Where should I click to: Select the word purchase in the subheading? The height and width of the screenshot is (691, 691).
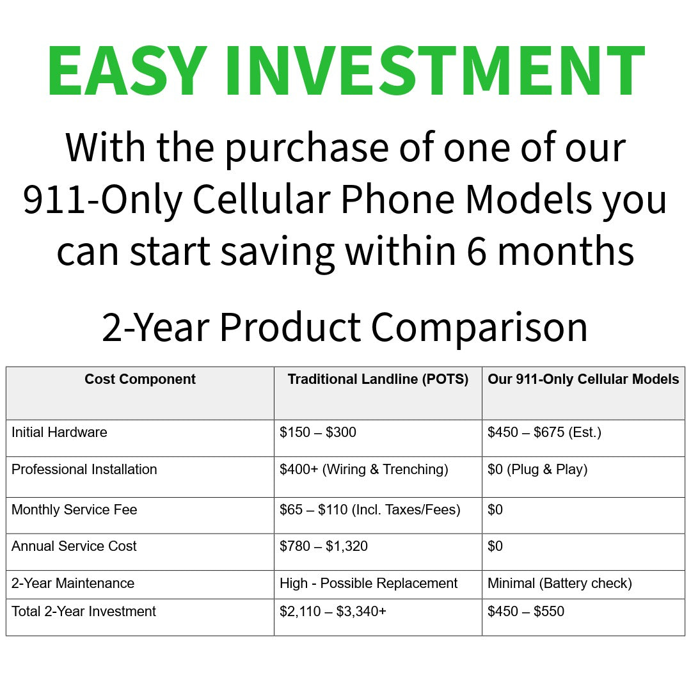tap(306, 149)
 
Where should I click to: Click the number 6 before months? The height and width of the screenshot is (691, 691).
tap(477, 251)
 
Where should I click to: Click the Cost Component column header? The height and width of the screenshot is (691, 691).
tap(140, 379)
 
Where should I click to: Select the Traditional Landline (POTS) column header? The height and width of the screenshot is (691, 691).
tap(378, 379)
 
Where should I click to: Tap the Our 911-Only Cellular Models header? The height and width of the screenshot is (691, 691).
tap(584, 379)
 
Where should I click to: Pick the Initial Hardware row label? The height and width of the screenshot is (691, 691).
tap(59, 433)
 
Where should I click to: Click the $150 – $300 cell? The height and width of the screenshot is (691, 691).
tap(318, 433)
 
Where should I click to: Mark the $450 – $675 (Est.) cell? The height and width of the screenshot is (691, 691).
tap(544, 433)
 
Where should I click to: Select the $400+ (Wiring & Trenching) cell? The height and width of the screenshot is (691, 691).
tap(364, 470)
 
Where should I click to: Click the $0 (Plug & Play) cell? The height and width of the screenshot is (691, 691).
tap(537, 470)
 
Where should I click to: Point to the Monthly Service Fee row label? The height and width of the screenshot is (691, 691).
tap(74, 510)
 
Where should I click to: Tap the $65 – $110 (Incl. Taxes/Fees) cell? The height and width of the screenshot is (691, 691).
tap(370, 510)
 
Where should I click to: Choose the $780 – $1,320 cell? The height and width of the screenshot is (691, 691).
tap(324, 546)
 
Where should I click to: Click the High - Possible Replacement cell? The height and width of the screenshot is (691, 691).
tap(369, 584)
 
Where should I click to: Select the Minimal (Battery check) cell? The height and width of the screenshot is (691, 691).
tap(560, 584)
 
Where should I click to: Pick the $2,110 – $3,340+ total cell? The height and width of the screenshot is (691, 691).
tap(333, 612)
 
